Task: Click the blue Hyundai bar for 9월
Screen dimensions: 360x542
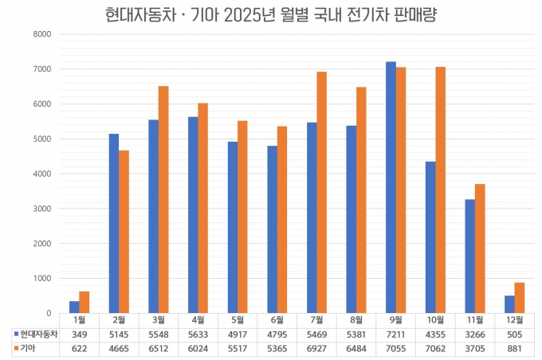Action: coord(391,187)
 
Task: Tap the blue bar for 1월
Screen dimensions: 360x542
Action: coord(74,307)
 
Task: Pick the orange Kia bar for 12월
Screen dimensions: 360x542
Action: coord(520,298)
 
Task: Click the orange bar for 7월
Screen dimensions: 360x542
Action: coord(322,192)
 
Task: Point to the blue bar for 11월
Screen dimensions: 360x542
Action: coord(469,256)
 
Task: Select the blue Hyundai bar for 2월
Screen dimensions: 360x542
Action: coord(114,223)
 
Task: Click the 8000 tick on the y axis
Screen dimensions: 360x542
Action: coord(41,34)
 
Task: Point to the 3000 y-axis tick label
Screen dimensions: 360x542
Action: coord(41,209)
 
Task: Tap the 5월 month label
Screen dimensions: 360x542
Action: coord(237,319)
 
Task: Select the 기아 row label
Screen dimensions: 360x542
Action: coord(30,347)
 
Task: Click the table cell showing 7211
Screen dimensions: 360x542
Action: coord(395,333)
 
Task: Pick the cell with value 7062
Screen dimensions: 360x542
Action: coord(435,347)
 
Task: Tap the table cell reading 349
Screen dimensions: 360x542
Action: coord(79,333)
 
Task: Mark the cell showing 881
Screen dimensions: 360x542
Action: coord(514,347)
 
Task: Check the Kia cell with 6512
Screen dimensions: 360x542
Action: coord(158,347)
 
